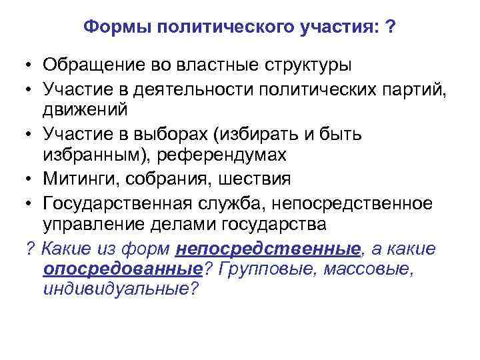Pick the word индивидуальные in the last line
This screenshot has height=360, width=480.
point(120,290)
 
